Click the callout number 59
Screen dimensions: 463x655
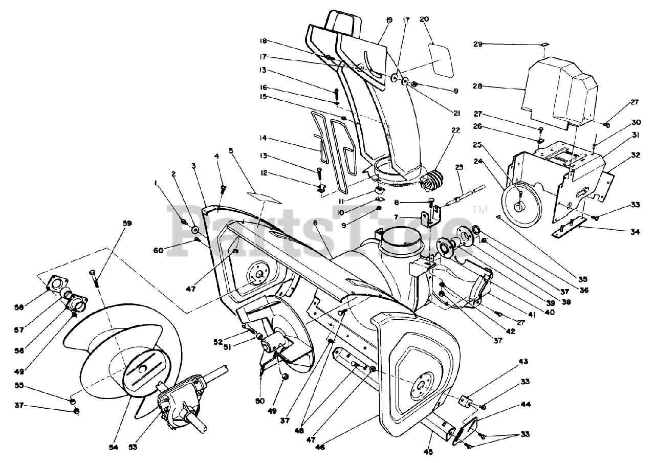127,223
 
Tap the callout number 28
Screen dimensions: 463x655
477,86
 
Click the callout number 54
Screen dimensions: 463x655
114,447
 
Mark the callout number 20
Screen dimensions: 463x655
424,19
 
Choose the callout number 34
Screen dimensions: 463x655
635,231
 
